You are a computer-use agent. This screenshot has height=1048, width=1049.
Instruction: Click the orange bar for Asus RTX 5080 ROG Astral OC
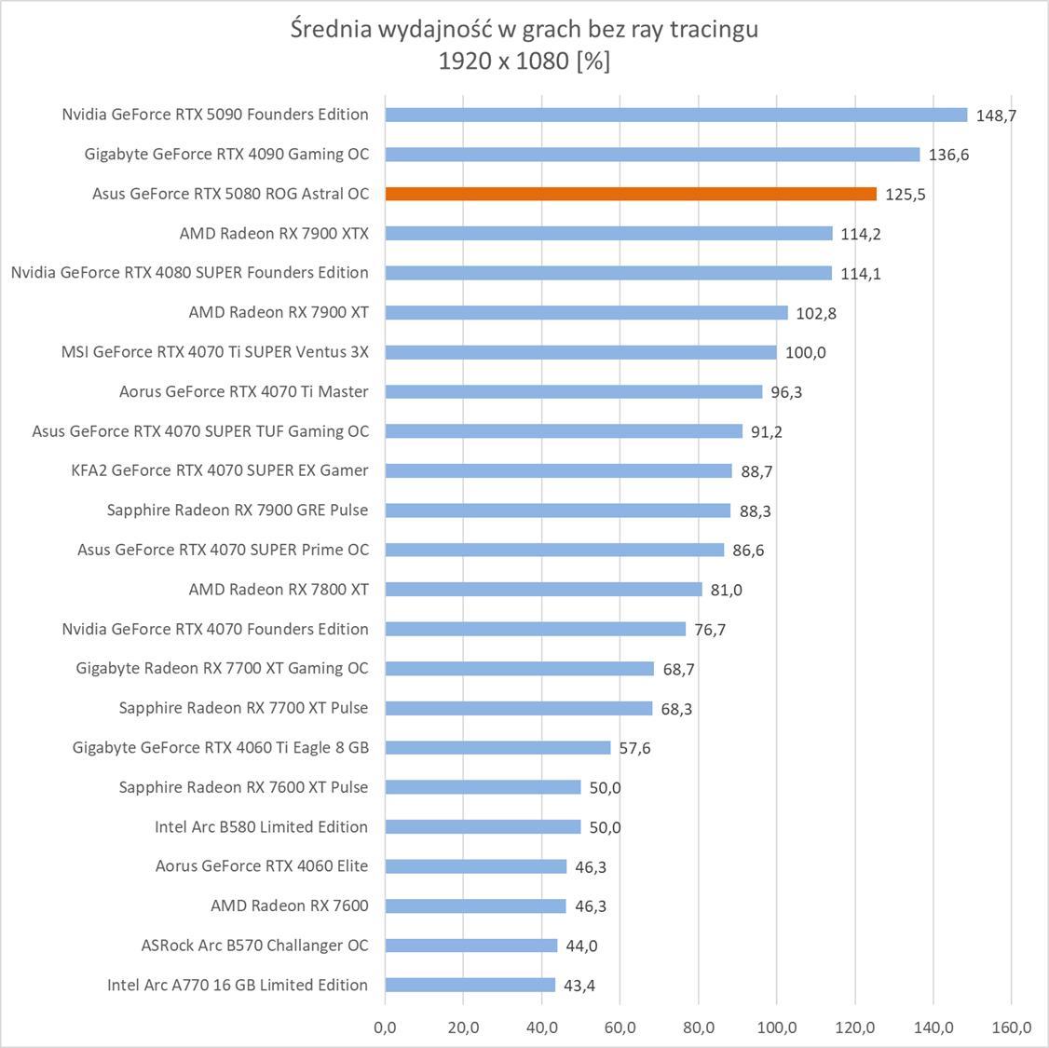coord(631,194)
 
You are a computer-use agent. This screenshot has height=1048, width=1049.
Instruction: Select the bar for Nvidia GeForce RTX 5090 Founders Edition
coord(676,115)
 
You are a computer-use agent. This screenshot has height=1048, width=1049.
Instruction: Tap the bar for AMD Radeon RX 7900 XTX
coord(608,233)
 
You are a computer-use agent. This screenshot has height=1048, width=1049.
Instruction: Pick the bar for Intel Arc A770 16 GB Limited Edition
coord(470,985)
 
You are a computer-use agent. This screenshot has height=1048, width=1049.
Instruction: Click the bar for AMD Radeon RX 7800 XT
coord(543,589)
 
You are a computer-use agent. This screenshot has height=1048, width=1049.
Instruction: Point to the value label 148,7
coord(996,116)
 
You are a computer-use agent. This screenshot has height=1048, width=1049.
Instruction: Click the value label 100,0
coord(806,352)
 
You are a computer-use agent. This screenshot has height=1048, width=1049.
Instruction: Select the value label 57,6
coord(634,748)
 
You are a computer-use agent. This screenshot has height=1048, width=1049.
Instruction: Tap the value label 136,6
coord(948,155)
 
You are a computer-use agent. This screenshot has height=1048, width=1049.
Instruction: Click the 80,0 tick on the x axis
coord(699,1028)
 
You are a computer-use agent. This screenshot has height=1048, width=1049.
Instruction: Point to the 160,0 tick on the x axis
coord(1012,1028)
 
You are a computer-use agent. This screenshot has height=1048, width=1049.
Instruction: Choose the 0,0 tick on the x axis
coord(385,1028)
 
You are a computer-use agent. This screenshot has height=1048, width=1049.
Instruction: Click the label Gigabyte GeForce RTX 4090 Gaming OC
coord(226,154)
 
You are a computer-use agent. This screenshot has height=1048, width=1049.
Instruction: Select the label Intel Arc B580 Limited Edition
coord(261,826)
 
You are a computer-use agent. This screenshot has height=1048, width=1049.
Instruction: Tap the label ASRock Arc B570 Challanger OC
coord(254,945)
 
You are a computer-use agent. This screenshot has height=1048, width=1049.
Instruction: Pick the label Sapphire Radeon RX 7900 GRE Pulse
coord(238,510)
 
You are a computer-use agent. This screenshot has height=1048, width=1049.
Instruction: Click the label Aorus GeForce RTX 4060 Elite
coord(262,865)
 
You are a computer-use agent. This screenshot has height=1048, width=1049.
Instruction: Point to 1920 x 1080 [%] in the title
coord(524,61)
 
